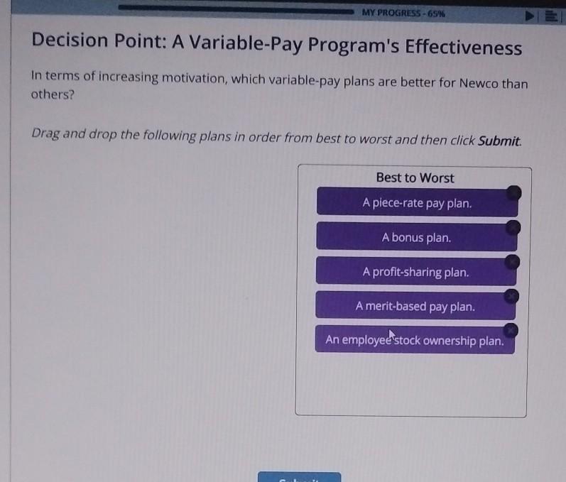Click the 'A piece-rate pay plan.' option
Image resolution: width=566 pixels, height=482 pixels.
[x=416, y=203]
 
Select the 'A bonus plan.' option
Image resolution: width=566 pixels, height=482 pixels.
[x=416, y=238]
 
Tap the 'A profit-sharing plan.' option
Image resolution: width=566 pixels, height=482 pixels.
[x=415, y=272]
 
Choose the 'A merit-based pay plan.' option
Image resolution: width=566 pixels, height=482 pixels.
[x=415, y=307]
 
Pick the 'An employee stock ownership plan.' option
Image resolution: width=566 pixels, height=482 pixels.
[x=415, y=341]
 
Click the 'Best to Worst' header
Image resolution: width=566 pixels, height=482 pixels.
[x=415, y=178]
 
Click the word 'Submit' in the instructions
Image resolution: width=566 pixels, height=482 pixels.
[x=499, y=140]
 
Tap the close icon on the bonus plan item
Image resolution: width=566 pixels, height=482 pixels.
[x=513, y=228]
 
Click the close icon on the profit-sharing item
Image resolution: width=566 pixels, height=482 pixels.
[x=511, y=263]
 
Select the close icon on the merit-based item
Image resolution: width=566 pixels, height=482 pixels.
[x=511, y=296]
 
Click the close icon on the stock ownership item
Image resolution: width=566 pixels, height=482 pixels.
[x=510, y=330]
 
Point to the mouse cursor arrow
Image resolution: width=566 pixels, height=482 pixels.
[x=391, y=334]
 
